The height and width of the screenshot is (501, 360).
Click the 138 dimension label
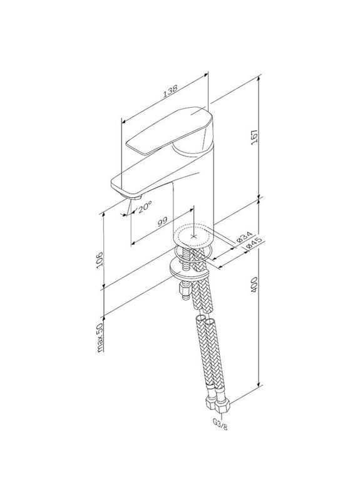click(x=170, y=91)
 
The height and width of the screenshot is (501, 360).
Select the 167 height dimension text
click(x=255, y=137)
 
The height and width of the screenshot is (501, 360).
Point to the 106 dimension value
click(x=100, y=259)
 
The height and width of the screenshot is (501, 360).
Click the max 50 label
click(x=100, y=338)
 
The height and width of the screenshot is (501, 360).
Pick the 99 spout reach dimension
click(x=163, y=221)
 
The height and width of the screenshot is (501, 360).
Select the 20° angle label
click(x=145, y=206)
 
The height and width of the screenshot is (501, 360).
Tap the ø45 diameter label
click(x=255, y=244)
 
